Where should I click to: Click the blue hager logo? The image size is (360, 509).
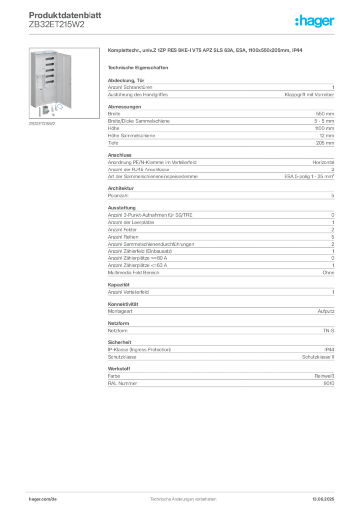[x=316, y=22]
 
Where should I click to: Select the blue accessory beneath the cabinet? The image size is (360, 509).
[x=59, y=106]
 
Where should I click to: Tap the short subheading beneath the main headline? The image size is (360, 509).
[x=139, y=67]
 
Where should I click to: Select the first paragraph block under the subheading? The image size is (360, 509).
[x=220, y=88]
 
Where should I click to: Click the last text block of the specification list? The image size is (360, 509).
[x=220, y=378]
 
